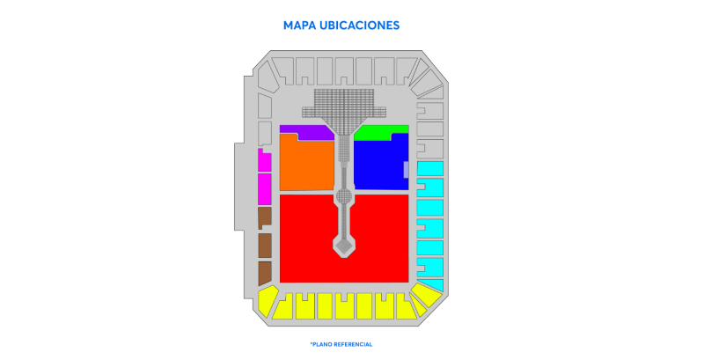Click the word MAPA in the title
click(x=299, y=26)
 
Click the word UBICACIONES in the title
click(x=359, y=26)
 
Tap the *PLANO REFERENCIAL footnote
click(x=341, y=344)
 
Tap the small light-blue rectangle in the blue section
click(x=407, y=170)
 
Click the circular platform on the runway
click(x=344, y=196)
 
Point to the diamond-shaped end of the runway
click(x=344, y=246)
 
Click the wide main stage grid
click(x=344, y=103)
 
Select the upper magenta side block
click(x=265, y=161)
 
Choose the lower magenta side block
click(x=265, y=188)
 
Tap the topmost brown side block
click(x=265, y=217)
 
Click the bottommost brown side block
click(x=265, y=273)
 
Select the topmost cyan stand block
click(x=430, y=168)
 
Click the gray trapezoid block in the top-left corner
click(x=267, y=77)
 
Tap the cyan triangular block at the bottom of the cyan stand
click(x=432, y=284)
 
